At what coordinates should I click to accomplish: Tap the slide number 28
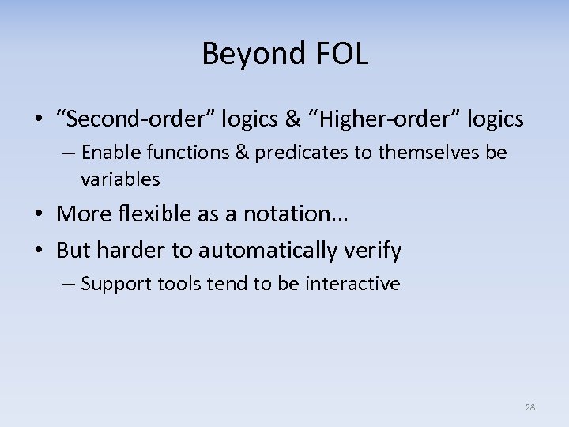pyautogui.click(x=529, y=407)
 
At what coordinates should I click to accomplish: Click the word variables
pyautogui.click(x=120, y=179)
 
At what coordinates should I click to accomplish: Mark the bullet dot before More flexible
pyautogui.click(x=39, y=214)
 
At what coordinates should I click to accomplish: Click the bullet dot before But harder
pyautogui.click(x=39, y=251)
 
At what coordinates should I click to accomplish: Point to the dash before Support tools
pyautogui.click(x=70, y=284)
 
